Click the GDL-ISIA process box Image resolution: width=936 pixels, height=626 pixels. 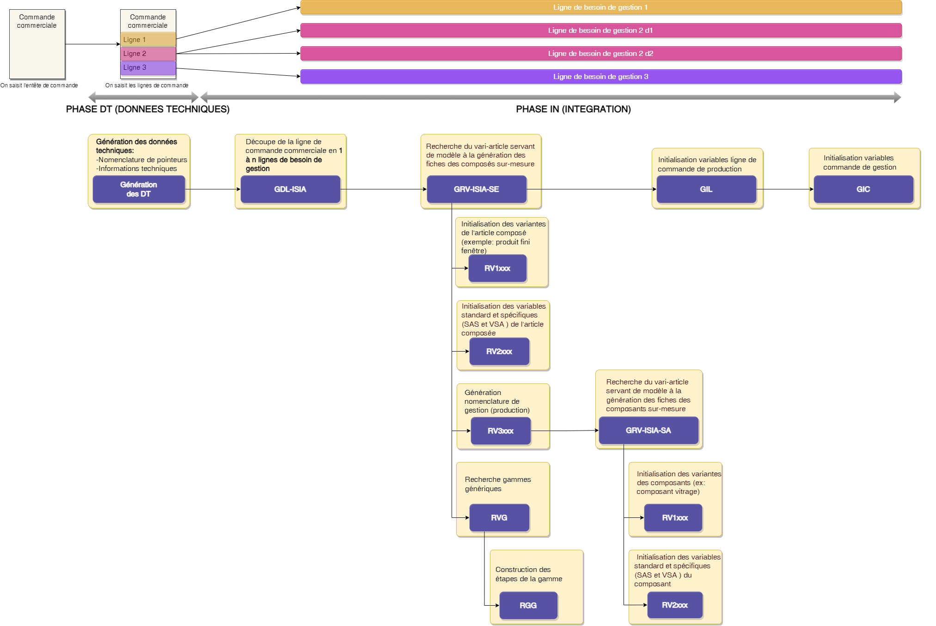pos(290,189)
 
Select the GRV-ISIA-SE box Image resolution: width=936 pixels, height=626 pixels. pos(477,189)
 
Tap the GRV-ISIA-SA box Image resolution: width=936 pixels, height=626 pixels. pos(648,431)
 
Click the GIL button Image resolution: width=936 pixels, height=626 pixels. pos(706,189)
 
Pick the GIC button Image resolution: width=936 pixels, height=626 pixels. pos(863,189)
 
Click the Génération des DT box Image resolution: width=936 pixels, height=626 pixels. pos(139,189)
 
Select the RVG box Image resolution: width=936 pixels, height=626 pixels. pos(499,518)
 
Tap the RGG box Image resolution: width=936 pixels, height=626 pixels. pos(528,606)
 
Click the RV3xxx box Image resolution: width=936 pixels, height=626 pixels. pos(501,431)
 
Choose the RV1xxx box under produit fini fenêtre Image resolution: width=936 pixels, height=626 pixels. pos(497,268)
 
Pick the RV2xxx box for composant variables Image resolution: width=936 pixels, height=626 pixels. pos(675,605)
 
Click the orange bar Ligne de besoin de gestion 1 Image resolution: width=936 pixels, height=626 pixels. pos(600,7)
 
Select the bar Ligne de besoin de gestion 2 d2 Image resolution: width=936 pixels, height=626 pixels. pos(600,54)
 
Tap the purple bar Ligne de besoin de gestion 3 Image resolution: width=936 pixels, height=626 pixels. pos(600,77)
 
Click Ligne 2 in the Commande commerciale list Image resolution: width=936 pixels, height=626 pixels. pos(148,54)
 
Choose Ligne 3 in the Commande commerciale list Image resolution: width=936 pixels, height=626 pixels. pos(148,67)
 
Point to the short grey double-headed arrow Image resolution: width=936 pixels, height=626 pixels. pos(143,97)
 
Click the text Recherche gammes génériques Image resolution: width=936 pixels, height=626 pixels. pos(498,484)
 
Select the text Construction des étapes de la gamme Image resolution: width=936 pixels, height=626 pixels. pos(529,574)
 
